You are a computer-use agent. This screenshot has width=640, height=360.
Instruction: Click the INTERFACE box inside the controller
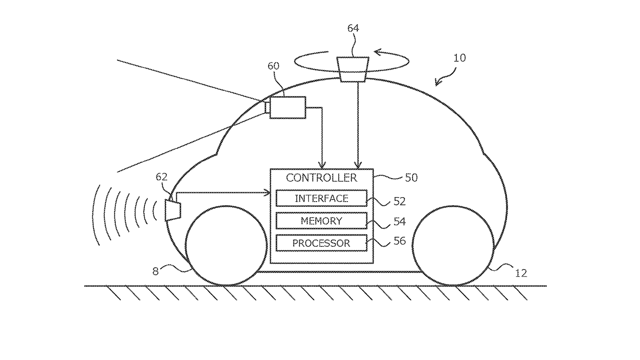coord(321,198)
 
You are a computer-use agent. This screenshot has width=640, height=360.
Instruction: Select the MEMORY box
coord(321,221)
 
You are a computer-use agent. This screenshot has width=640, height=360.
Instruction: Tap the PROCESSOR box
coord(321,243)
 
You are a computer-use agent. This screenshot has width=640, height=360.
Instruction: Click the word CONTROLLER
coord(321,178)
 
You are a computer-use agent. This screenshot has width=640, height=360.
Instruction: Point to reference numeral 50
coord(411,178)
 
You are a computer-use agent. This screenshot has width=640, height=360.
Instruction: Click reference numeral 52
coord(399,202)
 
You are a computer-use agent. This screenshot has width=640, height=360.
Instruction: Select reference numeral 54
coord(399,222)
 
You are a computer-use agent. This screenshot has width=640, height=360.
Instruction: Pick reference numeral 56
coord(399,241)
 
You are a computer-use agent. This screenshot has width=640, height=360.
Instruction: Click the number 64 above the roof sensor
coord(353,28)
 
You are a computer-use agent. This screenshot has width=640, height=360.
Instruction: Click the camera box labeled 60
coord(288,107)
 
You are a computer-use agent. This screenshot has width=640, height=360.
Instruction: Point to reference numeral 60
coord(273,66)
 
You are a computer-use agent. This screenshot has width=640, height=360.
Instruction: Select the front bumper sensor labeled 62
coord(173,210)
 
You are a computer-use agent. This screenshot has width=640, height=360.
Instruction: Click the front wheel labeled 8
coord(226,245)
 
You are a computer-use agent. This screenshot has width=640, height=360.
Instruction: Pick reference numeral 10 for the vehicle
coord(460,58)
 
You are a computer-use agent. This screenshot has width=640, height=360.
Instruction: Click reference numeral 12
coord(521,274)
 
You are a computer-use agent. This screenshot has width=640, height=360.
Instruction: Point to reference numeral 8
coord(156,272)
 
